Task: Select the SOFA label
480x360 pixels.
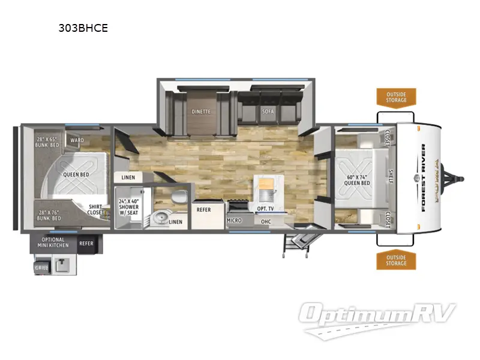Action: coord(268,112)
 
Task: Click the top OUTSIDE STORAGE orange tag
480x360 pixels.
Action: coord(396,97)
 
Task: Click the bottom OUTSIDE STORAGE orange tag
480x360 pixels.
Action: coord(396,260)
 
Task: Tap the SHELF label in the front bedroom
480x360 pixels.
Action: coord(391,177)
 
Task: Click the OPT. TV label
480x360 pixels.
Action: coord(265,208)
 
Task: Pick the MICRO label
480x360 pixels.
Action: coord(234,221)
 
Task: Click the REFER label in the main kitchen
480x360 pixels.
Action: coord(204,209)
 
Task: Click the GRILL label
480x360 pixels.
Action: coord(41,267)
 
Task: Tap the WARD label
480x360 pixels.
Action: coord(77,141)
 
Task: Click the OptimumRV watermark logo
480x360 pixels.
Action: coord(379,315)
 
